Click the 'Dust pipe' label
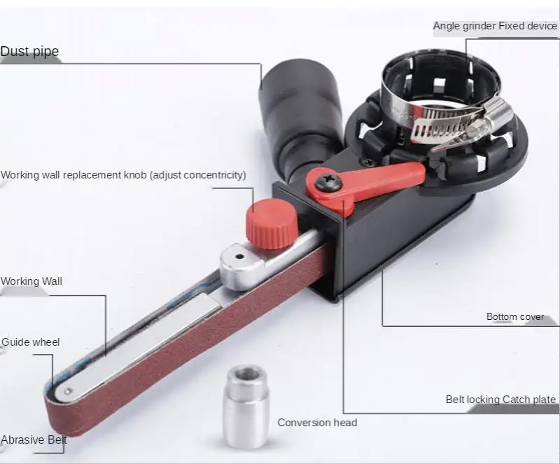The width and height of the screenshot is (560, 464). [x=29, y=51]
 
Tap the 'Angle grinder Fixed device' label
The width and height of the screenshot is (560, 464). [x=495, y=26]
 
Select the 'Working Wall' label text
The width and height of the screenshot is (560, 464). [x=31, y=281]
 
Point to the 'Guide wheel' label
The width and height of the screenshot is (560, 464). [x=31, y=342]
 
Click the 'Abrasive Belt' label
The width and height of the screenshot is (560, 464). [x=34, y=440]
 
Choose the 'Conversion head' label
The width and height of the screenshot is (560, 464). [x=317, y=422]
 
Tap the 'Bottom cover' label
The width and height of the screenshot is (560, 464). [x=515, y=316]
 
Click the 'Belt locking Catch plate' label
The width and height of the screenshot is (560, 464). [x=500, y=400]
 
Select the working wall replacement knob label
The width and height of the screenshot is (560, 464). [x=123, y=174]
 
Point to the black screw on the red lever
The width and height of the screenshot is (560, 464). [x=326, y=183]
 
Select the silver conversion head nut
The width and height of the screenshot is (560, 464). [x=245, y=405]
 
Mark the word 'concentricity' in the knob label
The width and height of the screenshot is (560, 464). [x=212, y=174]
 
